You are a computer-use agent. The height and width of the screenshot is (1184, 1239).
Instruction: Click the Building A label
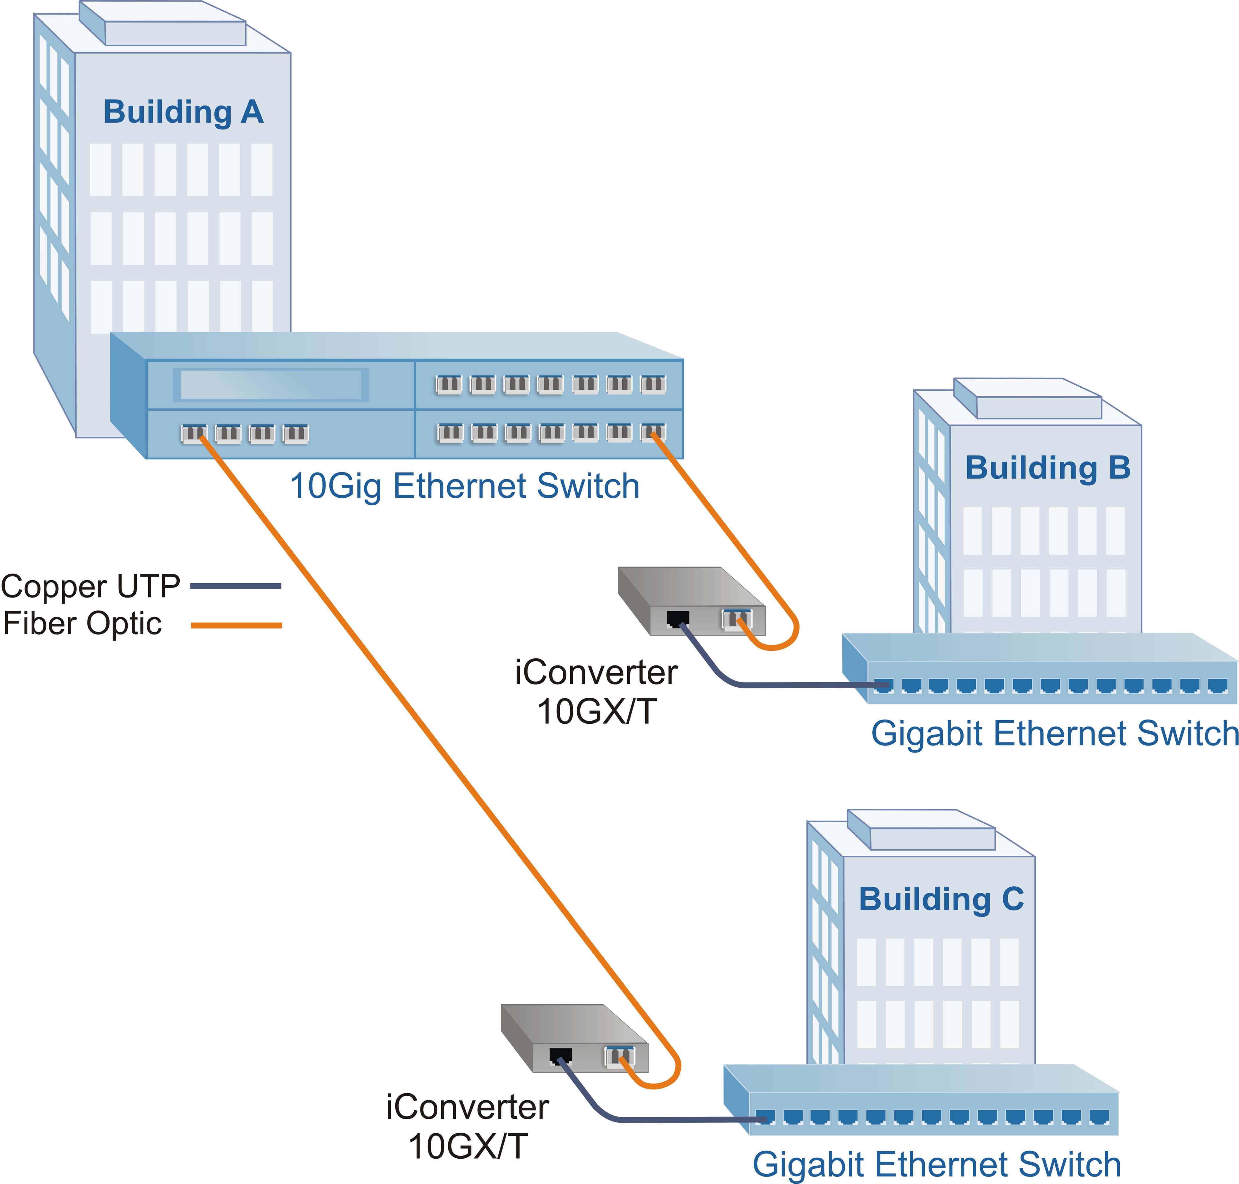tap(183, 112)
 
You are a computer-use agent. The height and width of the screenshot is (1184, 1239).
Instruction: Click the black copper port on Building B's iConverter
tap(677, 618)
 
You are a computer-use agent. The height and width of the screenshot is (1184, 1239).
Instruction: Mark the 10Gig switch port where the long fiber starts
tap(194, 433)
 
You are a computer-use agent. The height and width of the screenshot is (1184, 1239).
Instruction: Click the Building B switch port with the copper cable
tap(882, 685)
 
